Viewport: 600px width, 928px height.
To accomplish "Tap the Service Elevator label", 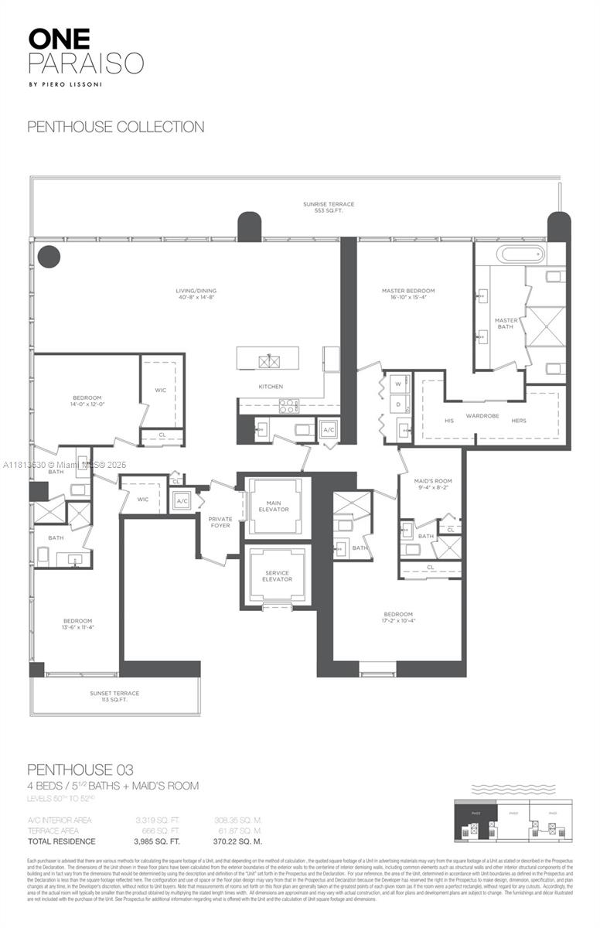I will pos(277,575).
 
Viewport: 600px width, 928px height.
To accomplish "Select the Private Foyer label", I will pos(220,522).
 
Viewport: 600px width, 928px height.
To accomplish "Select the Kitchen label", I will pos(271,386).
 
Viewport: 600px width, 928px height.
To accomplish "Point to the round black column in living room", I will pos(49,256).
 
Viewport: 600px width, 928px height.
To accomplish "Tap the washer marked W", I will pos(398,384).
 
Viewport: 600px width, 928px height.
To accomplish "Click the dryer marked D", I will pos(398,404).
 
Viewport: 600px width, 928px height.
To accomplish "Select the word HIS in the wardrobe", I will pos(449,420).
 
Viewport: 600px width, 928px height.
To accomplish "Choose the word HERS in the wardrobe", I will pos(519,420).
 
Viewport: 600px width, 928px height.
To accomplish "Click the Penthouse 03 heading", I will pos(80,769).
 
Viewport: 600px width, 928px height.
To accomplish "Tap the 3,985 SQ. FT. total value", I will pos(158,841).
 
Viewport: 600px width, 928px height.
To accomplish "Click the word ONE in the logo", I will pos(59,39).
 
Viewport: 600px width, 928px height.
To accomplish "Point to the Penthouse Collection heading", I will pos(116,127).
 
